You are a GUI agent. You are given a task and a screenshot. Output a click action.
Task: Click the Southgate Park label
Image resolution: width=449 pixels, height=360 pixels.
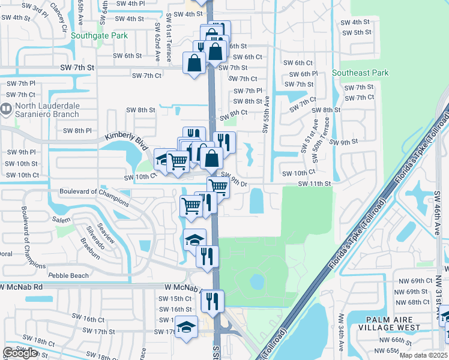(100, 35)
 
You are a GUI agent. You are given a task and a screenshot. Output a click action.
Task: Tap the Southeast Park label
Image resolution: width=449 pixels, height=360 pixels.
(360, 73)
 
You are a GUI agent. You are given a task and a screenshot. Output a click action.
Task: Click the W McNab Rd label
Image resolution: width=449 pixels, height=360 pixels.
(22, 287)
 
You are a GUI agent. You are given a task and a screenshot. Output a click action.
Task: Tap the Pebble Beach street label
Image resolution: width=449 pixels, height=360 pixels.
(68, 275)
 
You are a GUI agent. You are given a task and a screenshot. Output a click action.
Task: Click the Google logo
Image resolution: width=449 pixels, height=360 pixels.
(20, 353)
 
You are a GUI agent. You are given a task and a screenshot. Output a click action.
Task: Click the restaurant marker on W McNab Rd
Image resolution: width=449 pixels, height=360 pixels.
(212, 300)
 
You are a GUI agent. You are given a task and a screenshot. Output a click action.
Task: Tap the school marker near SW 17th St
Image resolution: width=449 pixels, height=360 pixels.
(187, 327)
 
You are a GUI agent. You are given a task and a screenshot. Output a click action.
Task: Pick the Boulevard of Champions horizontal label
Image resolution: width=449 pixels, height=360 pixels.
(94, 192)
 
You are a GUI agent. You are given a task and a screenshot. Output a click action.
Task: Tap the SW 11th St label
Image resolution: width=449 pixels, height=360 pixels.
(315, 183)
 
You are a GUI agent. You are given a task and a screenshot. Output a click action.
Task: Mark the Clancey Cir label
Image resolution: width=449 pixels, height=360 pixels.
(61, 17)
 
